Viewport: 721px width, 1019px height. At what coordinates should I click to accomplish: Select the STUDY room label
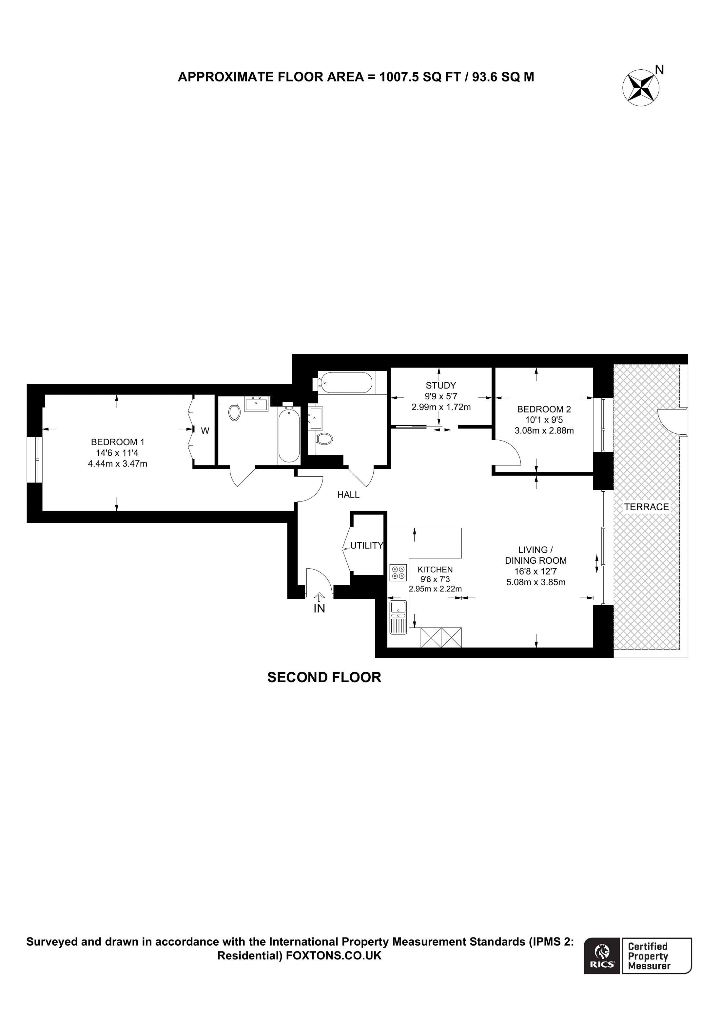point(441,386)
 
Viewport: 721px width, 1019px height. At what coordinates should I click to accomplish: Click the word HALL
point(348,495)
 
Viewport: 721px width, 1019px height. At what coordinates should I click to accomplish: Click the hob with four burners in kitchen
point(398,573)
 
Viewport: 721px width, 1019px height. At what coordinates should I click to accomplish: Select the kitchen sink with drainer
point(398,616)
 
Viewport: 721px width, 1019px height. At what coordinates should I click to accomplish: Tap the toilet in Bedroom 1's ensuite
point(234,412)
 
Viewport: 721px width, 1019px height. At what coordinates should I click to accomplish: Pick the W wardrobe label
point(205,431)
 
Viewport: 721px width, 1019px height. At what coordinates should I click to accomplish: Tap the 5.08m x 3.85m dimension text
point(536,582)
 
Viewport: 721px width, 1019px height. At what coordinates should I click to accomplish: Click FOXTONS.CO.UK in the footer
point(334,955)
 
